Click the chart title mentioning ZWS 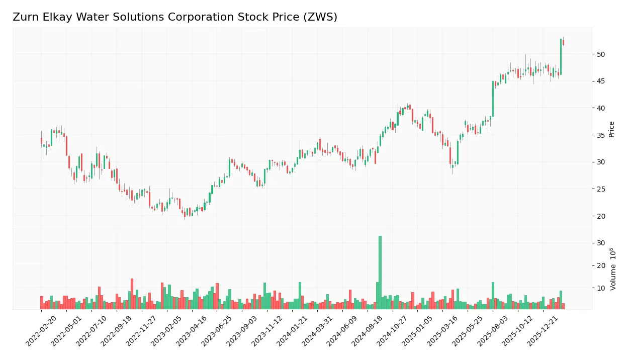[x=175, y=17]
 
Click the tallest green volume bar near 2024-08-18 [x=380, y=272]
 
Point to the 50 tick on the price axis [x=601, y=54]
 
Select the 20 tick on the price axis [x=601, y=216]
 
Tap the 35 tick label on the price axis [x=601, y=135]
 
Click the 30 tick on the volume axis [x=601, y=243]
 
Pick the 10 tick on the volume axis [x=601, y=288]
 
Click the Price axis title [x=612, y=129]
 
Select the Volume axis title [x=613, y=269]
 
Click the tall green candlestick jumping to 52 [x=561, y=56]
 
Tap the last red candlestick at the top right [x=563, y=43]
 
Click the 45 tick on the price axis [x=601, y=81]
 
